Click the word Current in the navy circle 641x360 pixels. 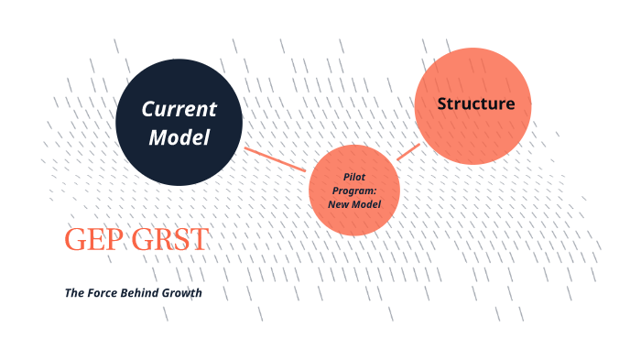click(x=179, y=110)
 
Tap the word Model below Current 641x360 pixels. click(x=179, y=138)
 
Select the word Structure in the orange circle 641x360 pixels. click(x=475, y=104)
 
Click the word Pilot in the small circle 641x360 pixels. click(x=354, y=176)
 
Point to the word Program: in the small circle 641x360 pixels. click(x=354, y=190)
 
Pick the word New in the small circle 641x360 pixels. click(x=339, y=203)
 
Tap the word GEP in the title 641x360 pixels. click(x=92, y=240)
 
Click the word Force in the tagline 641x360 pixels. click(x=106, y=293)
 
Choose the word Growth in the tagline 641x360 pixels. click(x=185, y=293)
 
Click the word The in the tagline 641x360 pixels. click(x=74, y=293)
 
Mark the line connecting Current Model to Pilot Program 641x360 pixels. click(x=276, y=158)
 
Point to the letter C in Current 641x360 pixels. click(x=147, y=110)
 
